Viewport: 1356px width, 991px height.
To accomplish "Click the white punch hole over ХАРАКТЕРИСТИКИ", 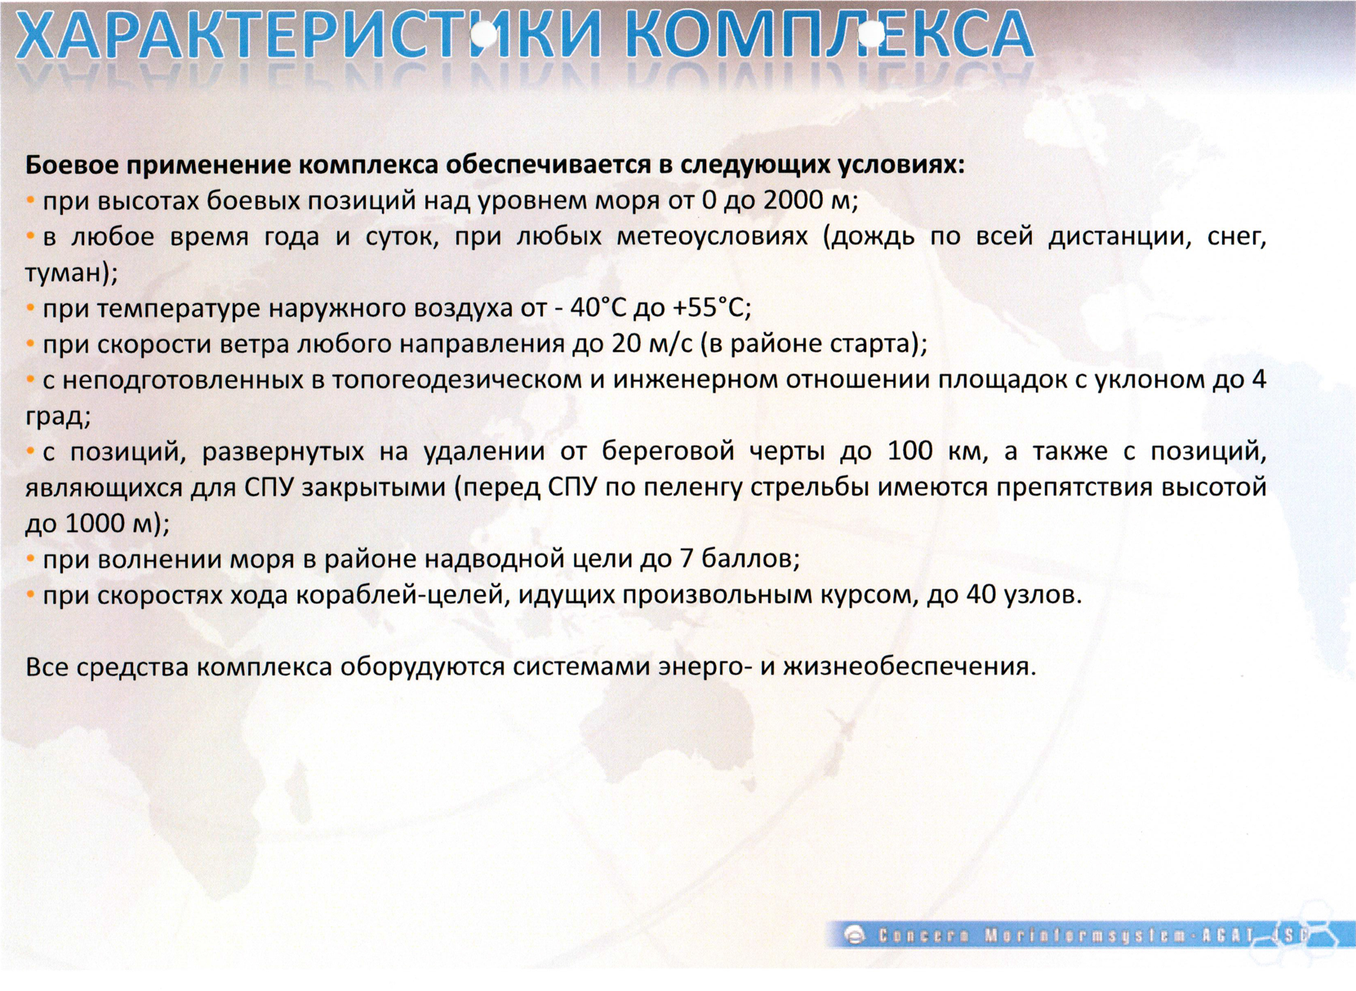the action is tap(483, 34).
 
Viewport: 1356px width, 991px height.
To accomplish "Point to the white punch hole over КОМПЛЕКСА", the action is tap(872, 34).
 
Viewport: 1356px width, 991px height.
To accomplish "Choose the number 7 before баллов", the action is tap(686, 558).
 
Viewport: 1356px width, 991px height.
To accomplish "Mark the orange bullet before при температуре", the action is tap(30, 309).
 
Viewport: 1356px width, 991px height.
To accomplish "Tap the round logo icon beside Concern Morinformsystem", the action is tap(856, 936).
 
